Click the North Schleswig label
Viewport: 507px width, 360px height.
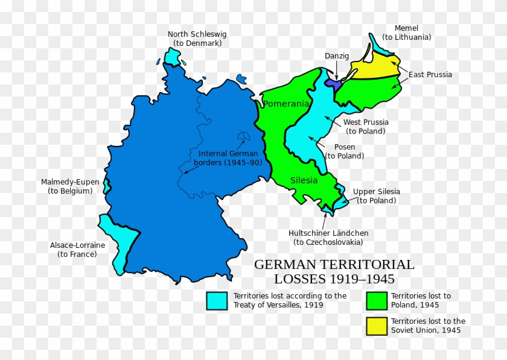click(197, 39)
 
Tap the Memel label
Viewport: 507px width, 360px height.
click(406, 33)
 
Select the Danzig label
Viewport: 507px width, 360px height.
click(337, 56)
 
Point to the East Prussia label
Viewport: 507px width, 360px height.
click(430, 75)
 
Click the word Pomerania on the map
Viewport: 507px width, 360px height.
click(286, 104)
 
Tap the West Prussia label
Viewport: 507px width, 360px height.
click(366, 127)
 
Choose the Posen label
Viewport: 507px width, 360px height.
click(345, 151)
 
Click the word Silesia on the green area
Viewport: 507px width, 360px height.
click(304, 180)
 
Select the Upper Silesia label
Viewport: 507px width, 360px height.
click(376, 196)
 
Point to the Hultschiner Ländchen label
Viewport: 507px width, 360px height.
click(328, 238)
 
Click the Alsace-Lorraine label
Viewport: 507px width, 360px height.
click(77, 250)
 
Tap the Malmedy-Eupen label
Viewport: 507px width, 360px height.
click(70, 186)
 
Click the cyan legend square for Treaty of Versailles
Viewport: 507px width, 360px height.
click(217, 300)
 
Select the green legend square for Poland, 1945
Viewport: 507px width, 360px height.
click(376, 300)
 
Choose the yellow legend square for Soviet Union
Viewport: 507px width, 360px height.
click(376, 326)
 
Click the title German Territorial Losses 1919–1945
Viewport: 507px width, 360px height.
click(334, 271)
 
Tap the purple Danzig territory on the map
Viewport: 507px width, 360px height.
click(333, 83)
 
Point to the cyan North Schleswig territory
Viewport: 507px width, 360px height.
click(173, 57)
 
